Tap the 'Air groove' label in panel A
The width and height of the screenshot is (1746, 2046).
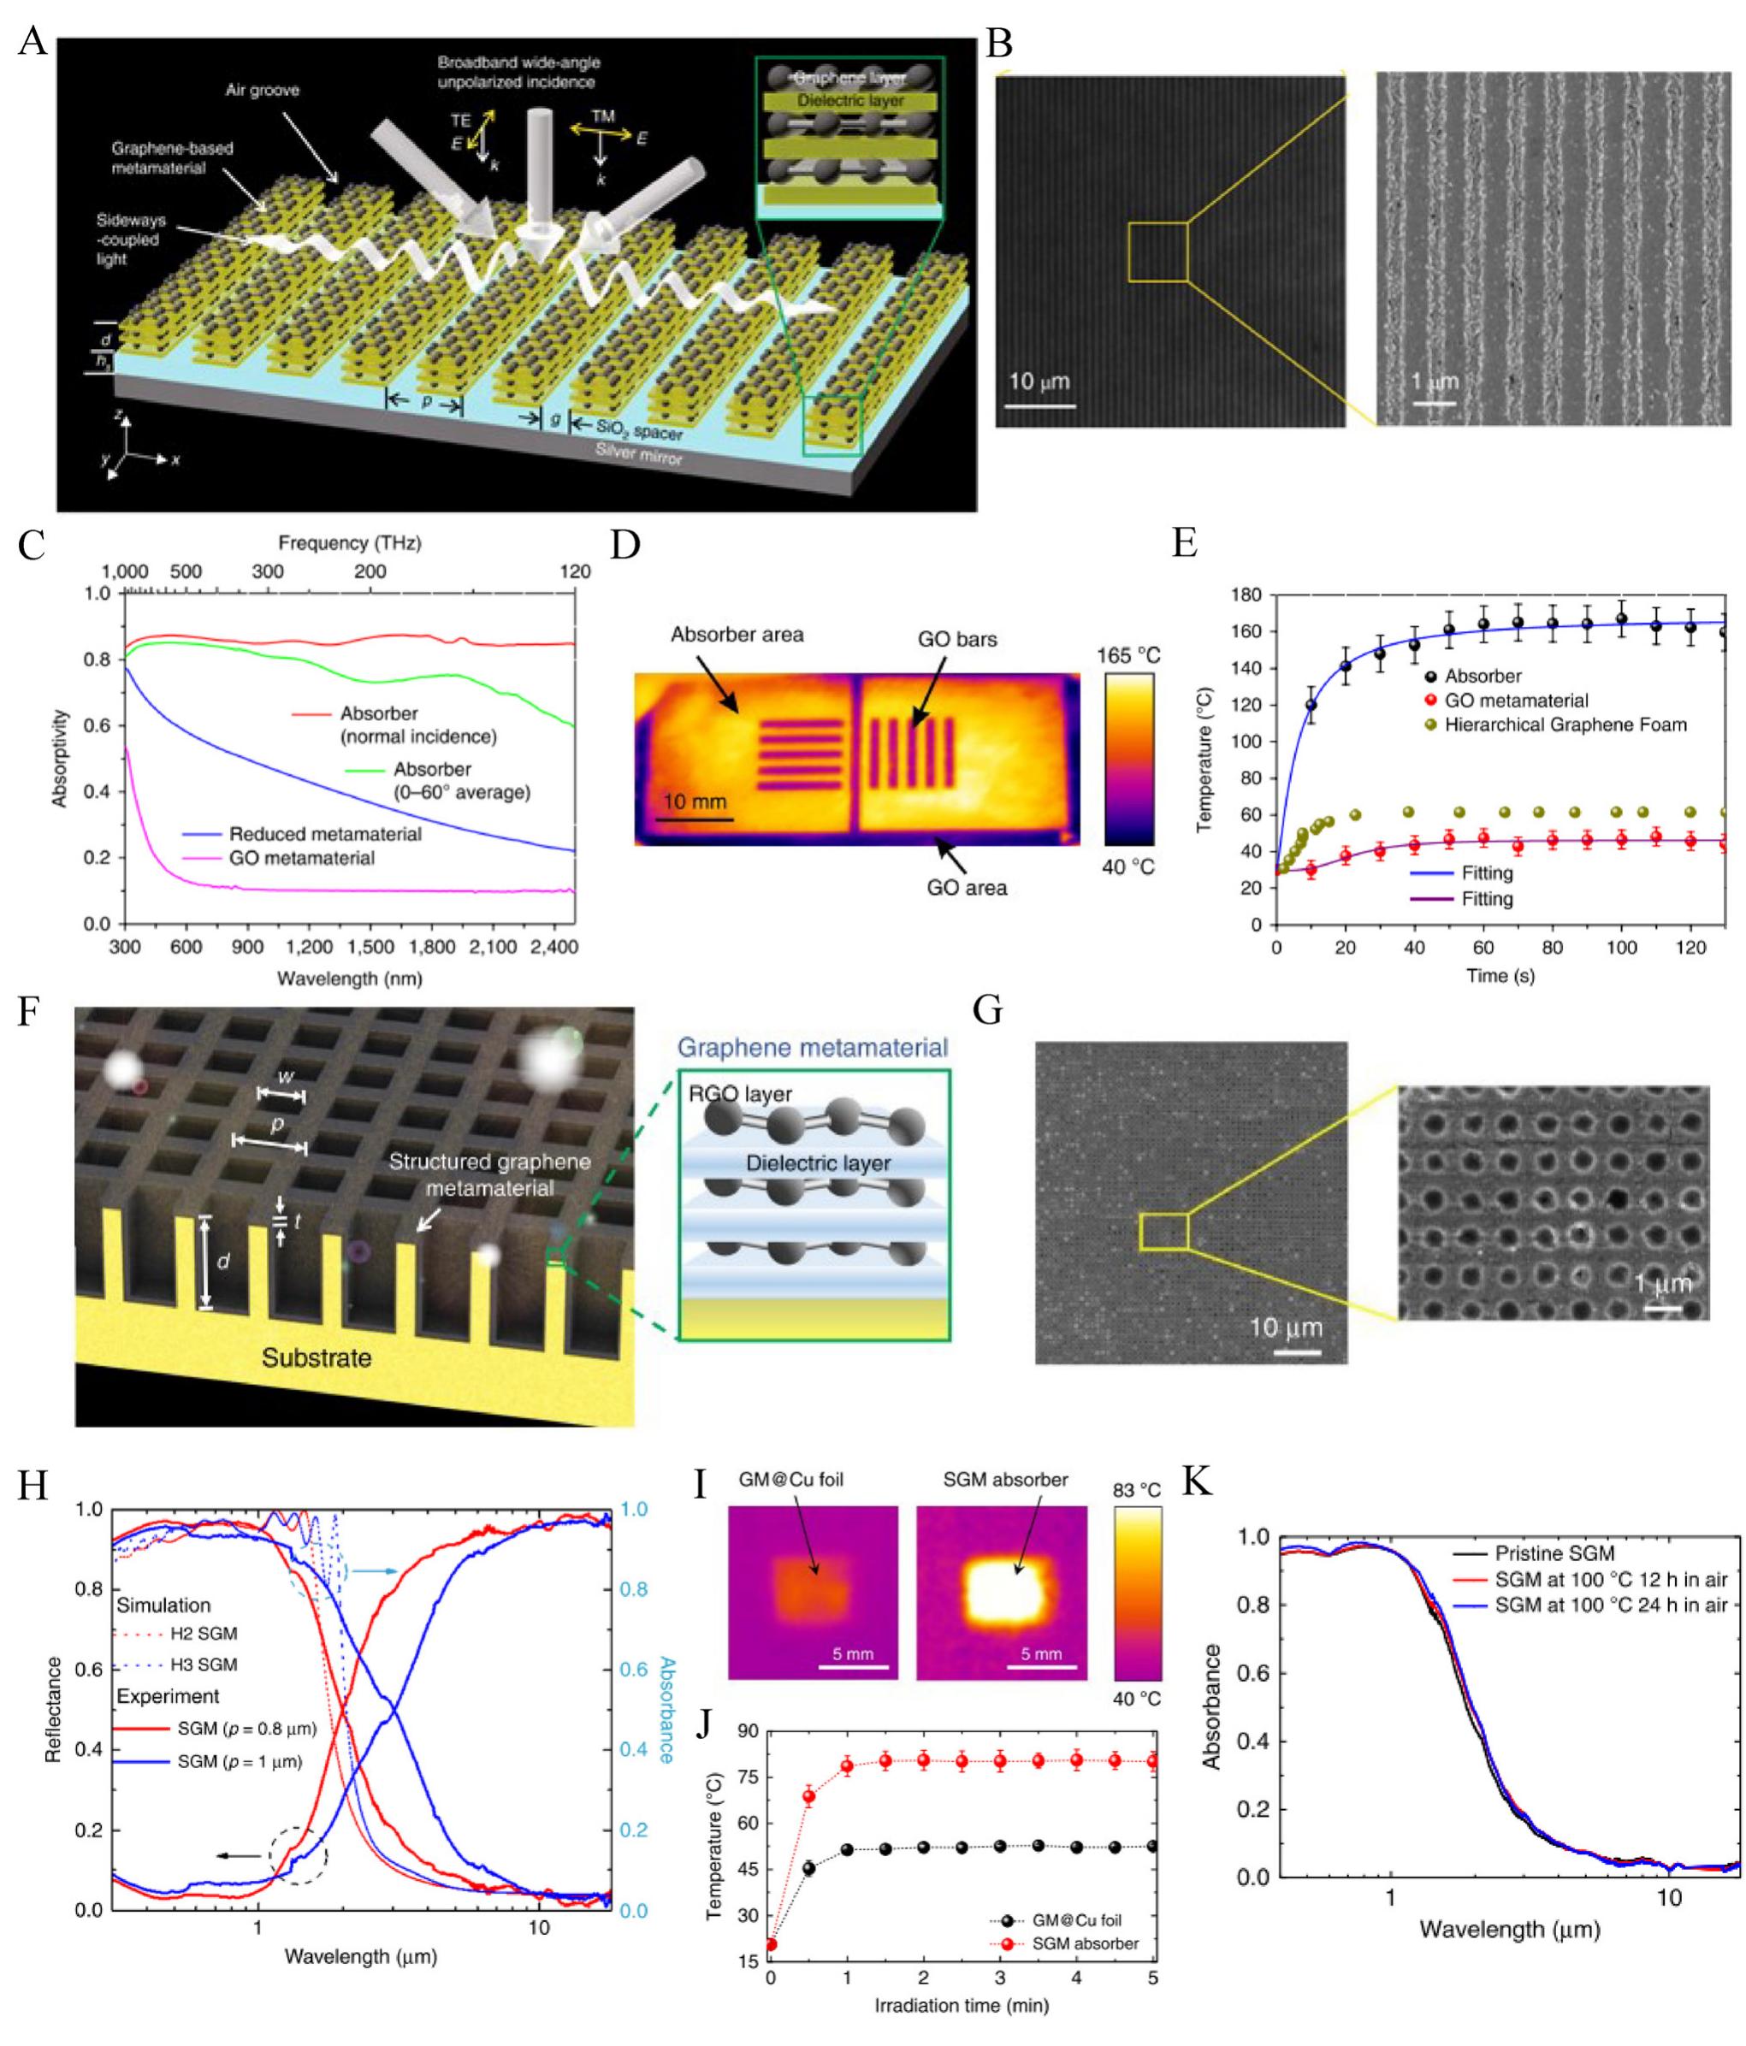(x=262, y=90)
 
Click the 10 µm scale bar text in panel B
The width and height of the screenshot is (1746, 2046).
(x=1038, y=381)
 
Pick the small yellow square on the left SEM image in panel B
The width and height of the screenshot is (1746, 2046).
(x=1157, y=251)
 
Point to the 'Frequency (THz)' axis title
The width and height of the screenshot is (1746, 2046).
(x=350, y=542)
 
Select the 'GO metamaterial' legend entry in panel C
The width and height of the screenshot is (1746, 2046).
(x=301, y=858)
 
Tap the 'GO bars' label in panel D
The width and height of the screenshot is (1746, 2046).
(x=957, y=639)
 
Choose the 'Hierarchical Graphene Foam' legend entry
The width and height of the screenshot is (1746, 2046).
(x=1565, y=724)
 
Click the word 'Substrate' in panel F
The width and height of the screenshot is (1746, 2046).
(x=316, y=1357)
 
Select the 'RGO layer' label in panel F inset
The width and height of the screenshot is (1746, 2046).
(x=741, y=1093)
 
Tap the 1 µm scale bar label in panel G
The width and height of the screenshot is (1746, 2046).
(x=1663, y=1284)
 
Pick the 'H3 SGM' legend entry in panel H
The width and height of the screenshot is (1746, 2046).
(x=204, y=1665)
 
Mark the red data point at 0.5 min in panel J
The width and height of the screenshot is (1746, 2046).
(x=808, y=1795)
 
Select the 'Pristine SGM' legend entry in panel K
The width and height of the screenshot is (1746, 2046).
(x=1554, y=1553)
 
